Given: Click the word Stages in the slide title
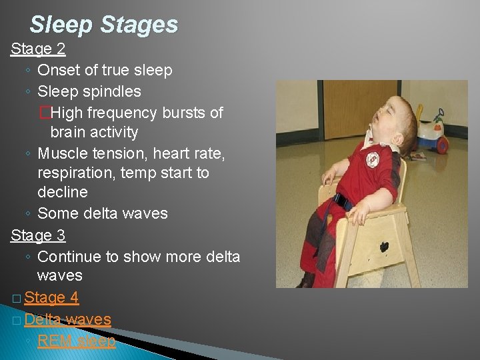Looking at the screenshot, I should (139, 25).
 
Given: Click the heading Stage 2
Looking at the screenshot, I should (37, 49).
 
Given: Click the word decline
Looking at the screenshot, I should (63, 193).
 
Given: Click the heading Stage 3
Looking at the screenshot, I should (37, 235).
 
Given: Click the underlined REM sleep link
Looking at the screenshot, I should (77, 341).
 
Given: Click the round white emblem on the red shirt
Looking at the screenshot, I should (372, 159).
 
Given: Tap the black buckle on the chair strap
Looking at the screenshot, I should (343, 199).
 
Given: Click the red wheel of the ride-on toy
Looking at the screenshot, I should (441, 144).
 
